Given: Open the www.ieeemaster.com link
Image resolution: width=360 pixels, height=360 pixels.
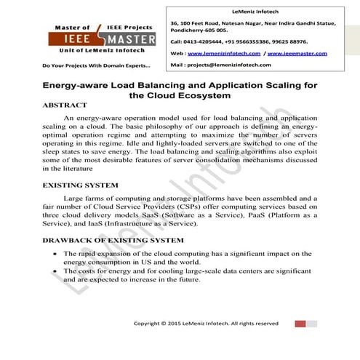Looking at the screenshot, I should point(295,53).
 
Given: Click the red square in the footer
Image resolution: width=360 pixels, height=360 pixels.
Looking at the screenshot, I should point(300,322).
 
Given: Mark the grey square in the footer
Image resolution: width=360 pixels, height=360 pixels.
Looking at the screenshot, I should point(313,322).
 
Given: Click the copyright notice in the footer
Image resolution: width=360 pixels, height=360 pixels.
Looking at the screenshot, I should point(206,322).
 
